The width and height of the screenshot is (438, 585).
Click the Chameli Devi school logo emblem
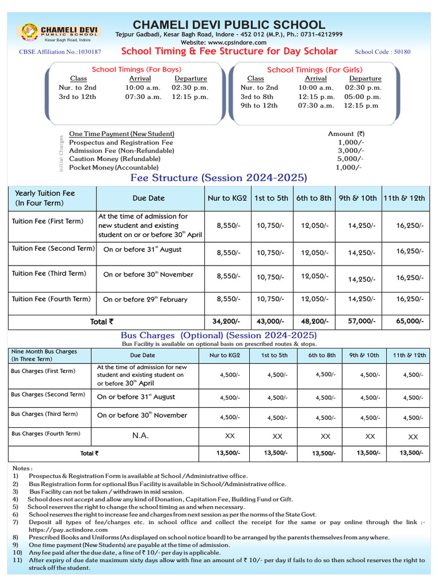tap(29, 34)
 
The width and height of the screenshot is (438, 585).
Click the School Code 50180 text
tap(382, 51)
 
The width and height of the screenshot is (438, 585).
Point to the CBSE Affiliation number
tap(60, 52)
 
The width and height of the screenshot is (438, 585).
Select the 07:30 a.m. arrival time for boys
tap(143, 97)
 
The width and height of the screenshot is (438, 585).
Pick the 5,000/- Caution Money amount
tap(350, 159)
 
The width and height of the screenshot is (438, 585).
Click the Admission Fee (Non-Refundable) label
tap(121, 150)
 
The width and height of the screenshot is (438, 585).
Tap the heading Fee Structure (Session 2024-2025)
tap(218, 178)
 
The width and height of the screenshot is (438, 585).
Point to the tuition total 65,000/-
tap(409, 322)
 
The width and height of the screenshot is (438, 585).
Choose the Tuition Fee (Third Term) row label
tap(49, 274)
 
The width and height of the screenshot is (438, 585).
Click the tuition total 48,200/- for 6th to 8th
tap(314, 322)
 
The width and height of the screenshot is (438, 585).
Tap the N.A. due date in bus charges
tap(141, 436)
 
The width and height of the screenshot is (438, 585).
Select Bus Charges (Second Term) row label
tap(48, 395)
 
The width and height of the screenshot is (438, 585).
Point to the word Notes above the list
tap(23, 468)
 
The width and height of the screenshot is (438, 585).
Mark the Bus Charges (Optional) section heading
tap(219, 335)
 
